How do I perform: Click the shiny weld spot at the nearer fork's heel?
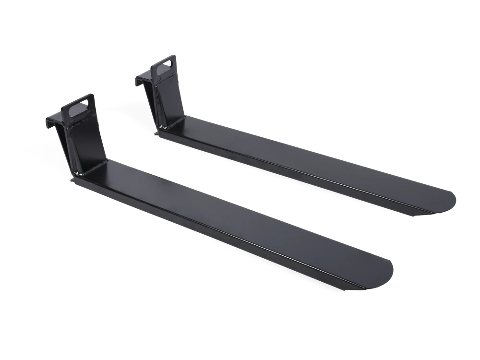75,173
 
